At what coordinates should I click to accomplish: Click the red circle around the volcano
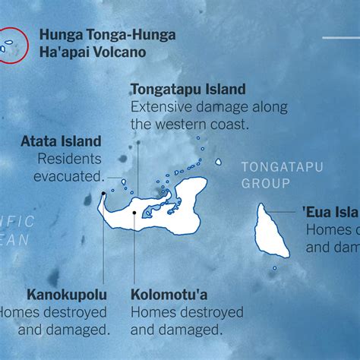[x=13, y=43]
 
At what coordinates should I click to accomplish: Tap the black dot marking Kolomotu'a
[x=134, y=213]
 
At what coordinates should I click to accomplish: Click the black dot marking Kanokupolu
[x=102, y=195]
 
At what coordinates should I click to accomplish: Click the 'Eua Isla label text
[x=332, y=211]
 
